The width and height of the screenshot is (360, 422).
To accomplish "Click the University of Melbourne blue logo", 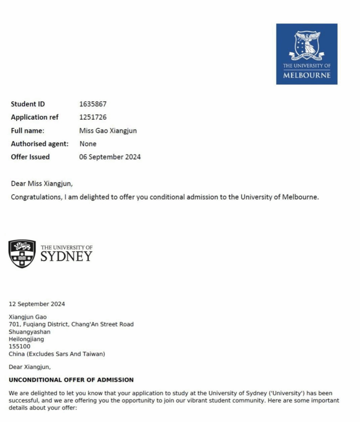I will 307,54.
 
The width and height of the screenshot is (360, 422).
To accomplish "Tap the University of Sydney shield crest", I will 22,254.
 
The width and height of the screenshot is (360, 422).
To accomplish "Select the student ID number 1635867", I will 93,104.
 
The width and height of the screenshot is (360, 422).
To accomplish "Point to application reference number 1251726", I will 93,117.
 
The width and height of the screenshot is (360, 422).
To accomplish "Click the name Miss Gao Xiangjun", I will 108,130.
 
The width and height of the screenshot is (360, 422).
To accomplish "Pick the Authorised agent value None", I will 88,144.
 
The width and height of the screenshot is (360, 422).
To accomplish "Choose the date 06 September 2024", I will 110,157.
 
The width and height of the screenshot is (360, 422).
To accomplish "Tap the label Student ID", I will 28,104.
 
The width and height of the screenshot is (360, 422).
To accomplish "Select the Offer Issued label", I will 30,157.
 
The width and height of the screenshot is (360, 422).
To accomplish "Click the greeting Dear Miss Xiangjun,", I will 42,184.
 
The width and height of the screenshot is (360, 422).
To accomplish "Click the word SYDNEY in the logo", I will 66,257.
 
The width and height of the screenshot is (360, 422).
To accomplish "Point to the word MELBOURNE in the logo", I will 307,75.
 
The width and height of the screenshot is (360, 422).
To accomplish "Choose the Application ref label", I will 35,117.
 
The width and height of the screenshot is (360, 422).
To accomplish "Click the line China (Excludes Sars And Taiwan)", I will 57,354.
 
